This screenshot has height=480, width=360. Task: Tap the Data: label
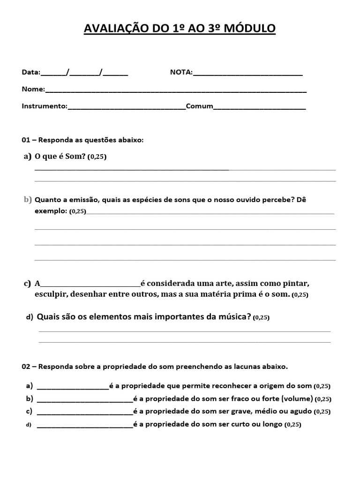click(x=31, y=72)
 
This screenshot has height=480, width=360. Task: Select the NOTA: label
click(x=181, y=72)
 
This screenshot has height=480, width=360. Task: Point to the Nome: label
click(x=33, y=89)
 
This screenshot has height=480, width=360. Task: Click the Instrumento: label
click(x=45, y=106)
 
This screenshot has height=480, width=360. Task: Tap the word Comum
click(x=200, y=106)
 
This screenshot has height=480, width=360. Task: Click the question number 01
click(x=26, y=140)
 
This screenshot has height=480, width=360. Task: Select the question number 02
click(x=26, y=366)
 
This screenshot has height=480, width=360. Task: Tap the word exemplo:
click(x=51, y=211)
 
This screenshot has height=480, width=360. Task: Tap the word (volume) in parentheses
click(x=297, y=399)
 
